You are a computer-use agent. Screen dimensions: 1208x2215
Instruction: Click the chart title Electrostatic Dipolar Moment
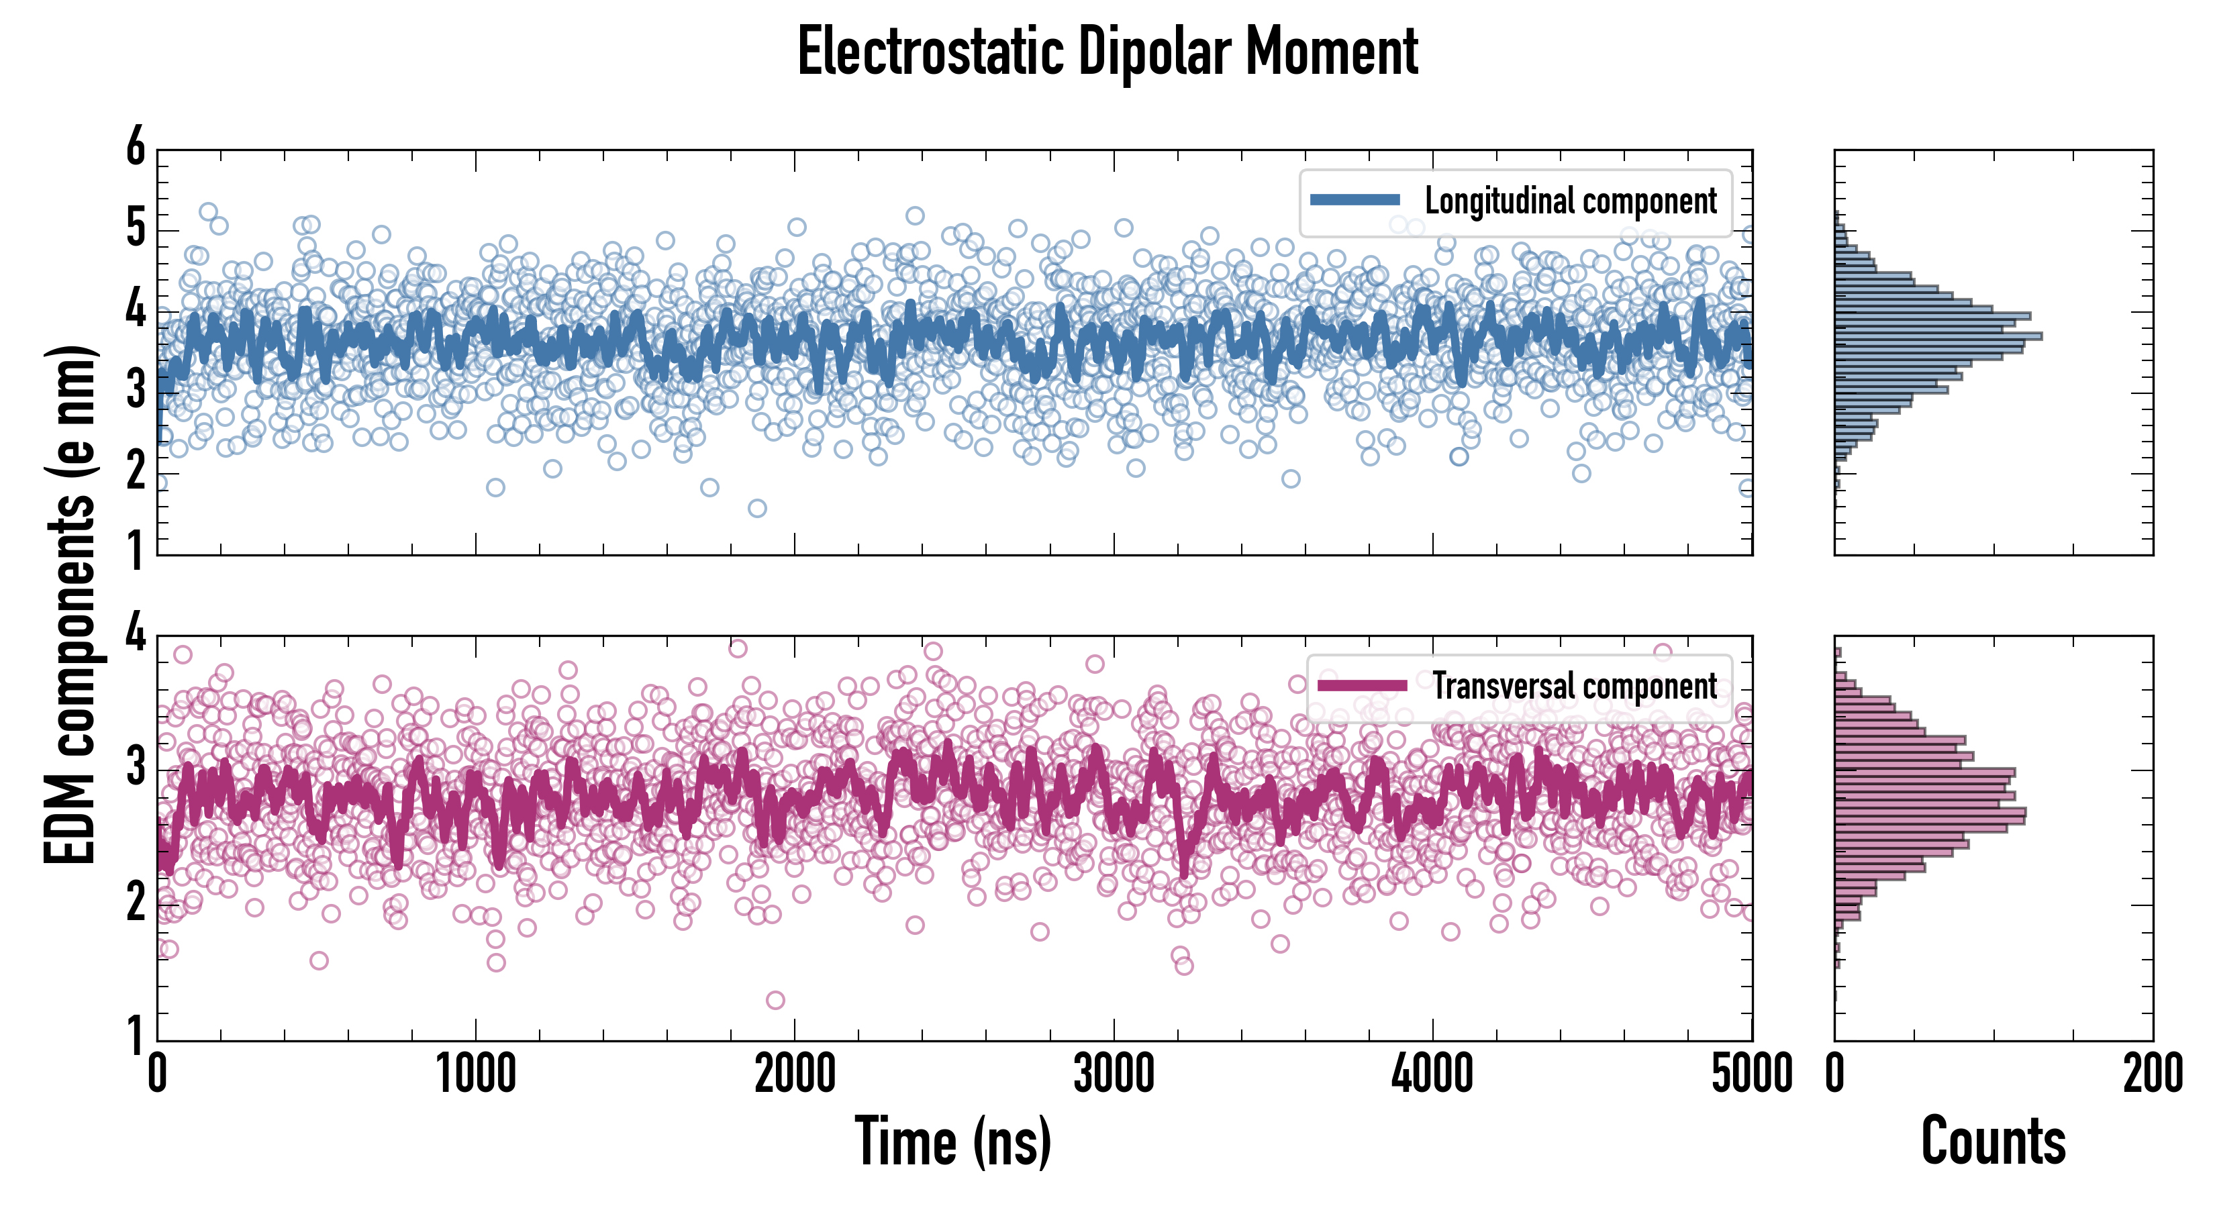pos(1107,52)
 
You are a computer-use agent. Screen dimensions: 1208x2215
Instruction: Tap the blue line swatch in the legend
pos(1355,199)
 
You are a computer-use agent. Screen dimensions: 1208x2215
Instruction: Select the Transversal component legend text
pos(1575,686)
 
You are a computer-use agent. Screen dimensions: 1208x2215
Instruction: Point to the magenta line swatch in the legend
pos(1362,685)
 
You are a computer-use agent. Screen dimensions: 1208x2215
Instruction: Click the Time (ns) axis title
pos(952,1141)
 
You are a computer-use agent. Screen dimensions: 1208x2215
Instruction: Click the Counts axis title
pos(1993,1141)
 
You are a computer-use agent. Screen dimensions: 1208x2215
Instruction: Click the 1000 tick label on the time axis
pos(475,1074)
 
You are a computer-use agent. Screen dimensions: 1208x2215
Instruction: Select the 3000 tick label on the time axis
pos(1114,1074)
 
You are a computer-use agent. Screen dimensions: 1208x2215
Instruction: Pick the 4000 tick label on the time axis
pos(1432,1074)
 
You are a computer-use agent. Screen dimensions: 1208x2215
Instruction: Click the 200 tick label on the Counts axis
pos(2152,1074)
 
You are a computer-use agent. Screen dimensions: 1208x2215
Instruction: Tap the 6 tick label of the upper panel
pos(136,148)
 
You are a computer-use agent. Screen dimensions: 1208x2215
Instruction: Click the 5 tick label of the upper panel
pos(136,230)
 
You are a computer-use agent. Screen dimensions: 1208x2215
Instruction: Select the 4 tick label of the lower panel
pos(136,634)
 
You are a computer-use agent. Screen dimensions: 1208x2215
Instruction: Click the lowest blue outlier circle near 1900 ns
pos(756,508)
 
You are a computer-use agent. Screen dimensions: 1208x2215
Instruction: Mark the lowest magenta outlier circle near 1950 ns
pos(775,1000)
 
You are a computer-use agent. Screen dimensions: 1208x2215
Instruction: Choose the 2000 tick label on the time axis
pos(795,1074)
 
